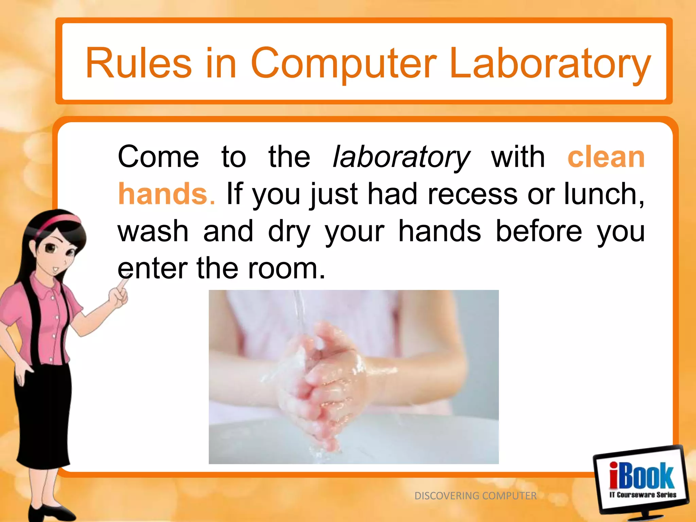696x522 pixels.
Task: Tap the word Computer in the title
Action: tap(343, 63)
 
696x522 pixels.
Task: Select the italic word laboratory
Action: tap(401, 157)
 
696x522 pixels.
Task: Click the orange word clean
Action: tap(606, 157)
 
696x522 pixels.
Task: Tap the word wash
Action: tap(153, 231)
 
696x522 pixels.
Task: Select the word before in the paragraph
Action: tap(539, 231)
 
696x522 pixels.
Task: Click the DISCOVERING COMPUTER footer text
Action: tap(475, 496)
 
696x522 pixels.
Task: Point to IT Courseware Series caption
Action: tap(643, 495)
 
